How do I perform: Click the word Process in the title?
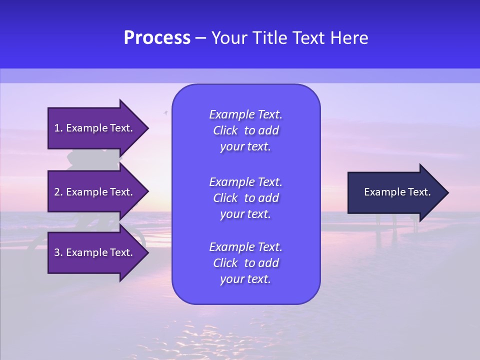[x=157, y=38]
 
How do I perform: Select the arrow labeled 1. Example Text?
[x=95, y=128]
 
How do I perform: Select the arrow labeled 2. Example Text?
[x=95, y=192]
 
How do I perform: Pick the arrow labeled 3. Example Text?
[x=95, y=252]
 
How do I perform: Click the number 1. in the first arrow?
[x=59, y=128]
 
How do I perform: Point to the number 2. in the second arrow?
[x=59, y=192]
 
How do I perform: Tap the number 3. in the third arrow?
[x=59, y=252]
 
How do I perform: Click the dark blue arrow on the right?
[x=395, y=192]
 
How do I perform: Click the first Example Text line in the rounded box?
[x=245, y=114]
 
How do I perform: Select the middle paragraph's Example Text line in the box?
[x=245, y=181]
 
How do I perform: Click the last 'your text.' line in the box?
[x=245, y=279]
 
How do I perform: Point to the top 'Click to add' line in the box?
[x=245, y=130]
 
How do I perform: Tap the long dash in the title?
[x=201, y=38]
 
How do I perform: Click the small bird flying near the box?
[x=165, y=113]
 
